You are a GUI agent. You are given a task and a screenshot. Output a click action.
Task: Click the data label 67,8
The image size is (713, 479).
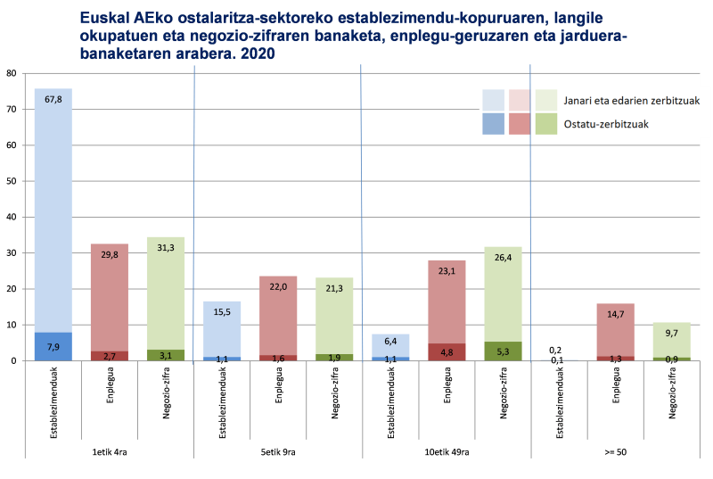53,100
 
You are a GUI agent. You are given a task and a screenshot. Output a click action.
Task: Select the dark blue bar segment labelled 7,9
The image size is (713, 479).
53,346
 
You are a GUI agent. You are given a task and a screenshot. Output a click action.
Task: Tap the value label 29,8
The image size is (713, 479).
110,254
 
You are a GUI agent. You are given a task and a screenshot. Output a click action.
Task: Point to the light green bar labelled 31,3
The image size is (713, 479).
166,294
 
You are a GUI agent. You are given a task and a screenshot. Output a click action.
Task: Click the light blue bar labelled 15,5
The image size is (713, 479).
222,330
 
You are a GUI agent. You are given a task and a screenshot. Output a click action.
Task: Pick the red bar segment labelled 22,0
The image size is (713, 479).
278,317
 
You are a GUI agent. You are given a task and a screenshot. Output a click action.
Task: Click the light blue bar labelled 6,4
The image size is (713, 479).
389,345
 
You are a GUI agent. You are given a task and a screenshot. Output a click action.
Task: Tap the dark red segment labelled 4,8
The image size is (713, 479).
446,352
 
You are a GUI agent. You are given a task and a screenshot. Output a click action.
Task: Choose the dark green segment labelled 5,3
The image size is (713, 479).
502,351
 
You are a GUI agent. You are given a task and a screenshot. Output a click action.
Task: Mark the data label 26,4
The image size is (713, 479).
502,257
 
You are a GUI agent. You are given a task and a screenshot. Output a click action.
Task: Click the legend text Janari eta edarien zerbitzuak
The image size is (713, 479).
630,100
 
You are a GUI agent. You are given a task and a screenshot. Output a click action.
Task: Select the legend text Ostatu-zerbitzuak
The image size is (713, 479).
605,124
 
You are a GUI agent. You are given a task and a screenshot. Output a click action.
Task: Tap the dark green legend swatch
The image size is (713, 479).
545,124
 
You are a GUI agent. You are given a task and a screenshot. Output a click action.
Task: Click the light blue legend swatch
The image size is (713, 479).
493,100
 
